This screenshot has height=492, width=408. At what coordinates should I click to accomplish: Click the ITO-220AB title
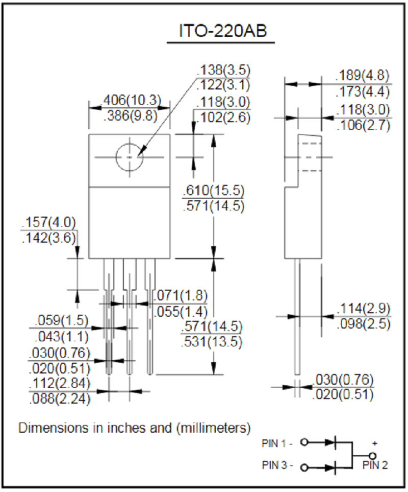point(220,32)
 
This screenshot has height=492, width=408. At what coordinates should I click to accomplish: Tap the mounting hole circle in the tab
point(130,157)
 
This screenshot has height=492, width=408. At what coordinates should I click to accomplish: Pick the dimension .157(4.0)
point(48,223)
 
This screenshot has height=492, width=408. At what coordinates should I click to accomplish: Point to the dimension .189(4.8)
point(363,76)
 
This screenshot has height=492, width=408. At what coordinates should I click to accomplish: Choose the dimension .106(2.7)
point(363,125)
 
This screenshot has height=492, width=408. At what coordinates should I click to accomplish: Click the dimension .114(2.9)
point(364,308)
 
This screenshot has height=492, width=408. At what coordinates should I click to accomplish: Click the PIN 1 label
point(276,443)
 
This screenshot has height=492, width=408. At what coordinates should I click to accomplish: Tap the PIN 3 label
point(276,466)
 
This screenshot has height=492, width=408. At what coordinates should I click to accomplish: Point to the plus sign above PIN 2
point(375,443)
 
